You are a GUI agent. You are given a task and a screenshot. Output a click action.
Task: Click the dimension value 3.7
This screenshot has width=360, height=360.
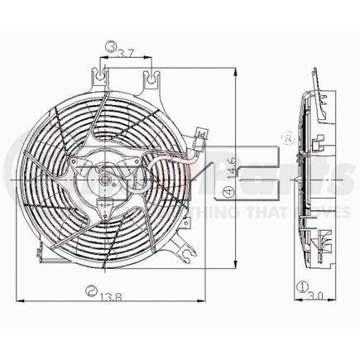(126, 53)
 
